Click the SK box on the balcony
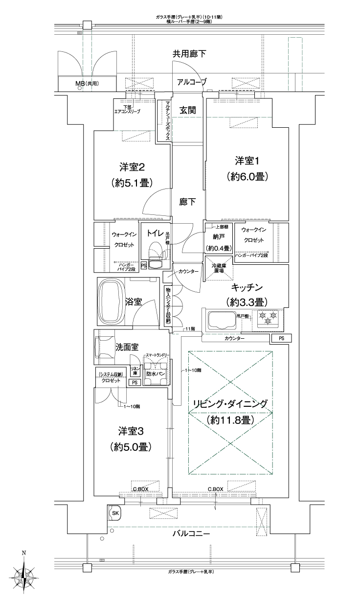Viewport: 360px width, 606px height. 115,513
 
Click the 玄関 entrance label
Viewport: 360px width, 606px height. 187,110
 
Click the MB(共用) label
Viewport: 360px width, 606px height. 87,84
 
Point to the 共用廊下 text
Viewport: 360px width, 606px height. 189,53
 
